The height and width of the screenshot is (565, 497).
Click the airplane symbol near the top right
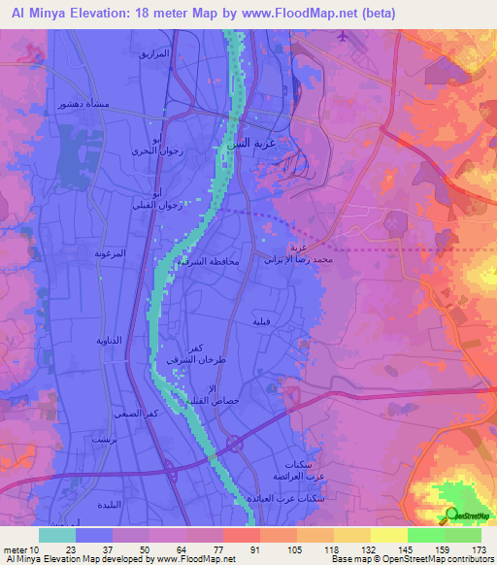click(343, 37)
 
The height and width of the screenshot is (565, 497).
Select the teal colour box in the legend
click(57, 534)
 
